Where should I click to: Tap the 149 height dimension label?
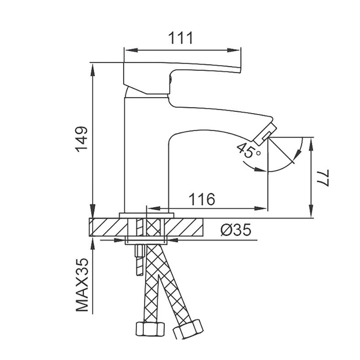(x=82, y=139)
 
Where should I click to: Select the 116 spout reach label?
(x=202, y=199)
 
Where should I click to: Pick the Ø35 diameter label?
(x=236, y=230)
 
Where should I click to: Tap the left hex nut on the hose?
(x=150, y=329)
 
